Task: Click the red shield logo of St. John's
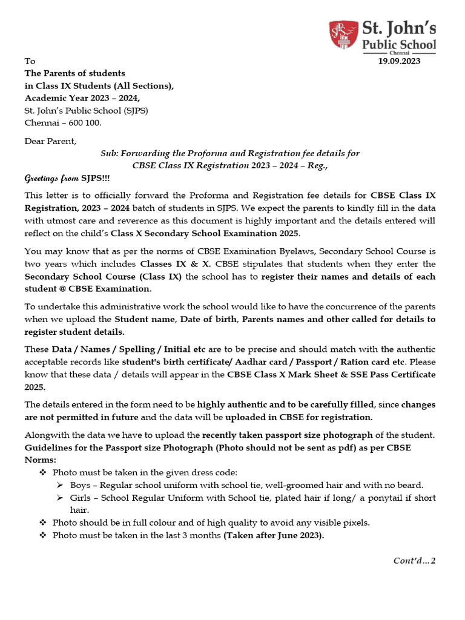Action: pyautogui.click(x=343, y=35)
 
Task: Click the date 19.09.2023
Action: pyautogui.click(x=398, y=61)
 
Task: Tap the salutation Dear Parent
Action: pyautogui.click(x=50, y=141)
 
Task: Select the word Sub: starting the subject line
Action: pyautogui.click(x=110, y=153)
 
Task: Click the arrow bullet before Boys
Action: pyautogui.click(x=59, y=485)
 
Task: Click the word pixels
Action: pyautogui.click(x=354, y=523)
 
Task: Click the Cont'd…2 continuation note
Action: pyautogui.click(x=414, y=561)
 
